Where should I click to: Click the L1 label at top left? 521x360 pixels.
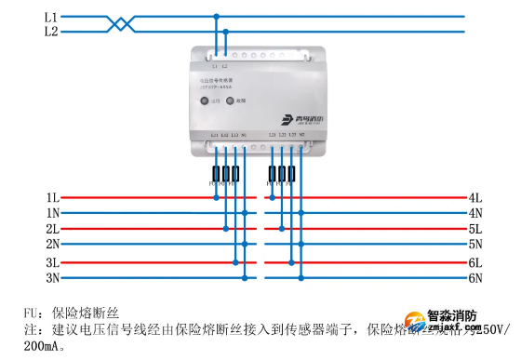click(50, 17)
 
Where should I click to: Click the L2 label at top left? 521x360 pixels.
click(50, 32)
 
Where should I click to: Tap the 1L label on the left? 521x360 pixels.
click(53, 198)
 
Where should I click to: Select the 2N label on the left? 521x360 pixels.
click(53, 244)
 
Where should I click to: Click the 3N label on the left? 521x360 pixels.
click(53, 277)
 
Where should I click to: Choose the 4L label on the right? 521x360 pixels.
click(474, 198)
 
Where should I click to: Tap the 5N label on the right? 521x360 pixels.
click(474, 244)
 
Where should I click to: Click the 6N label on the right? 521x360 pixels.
click(474, 277)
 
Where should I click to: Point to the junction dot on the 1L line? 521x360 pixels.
click(216, 197)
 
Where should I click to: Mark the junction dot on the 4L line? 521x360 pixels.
click(272, 197)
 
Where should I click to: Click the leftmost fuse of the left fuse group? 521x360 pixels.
click(216, 174)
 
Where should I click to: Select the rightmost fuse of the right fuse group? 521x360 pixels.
click(293, 174)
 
